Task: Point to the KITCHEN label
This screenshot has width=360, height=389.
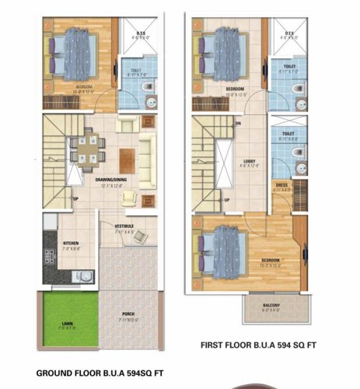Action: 71,244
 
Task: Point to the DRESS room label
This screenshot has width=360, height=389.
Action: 281,184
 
